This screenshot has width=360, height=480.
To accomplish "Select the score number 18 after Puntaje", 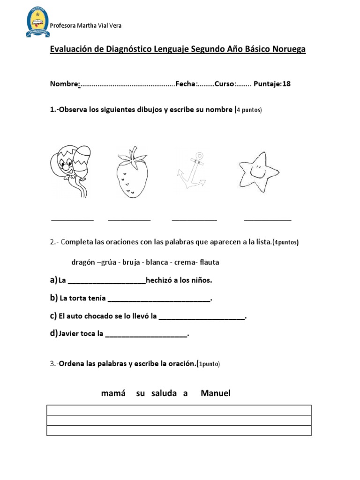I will click(x=286, y=84).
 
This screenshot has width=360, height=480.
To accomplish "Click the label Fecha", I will click(x=186, y=84).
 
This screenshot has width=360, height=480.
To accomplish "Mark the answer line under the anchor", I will click(x=194, y=219).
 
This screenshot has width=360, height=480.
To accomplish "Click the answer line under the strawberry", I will click(x=129, y=219).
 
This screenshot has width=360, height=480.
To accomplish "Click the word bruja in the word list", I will click(x=131, y=262).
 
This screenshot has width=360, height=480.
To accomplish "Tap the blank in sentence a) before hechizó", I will click(x=106, y=282).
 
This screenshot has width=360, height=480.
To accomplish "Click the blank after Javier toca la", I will click(x=147, y=335).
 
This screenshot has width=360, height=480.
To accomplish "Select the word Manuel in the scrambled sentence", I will click(x=215, y=393).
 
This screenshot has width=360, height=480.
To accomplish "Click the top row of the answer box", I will click(x=179, y=410).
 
